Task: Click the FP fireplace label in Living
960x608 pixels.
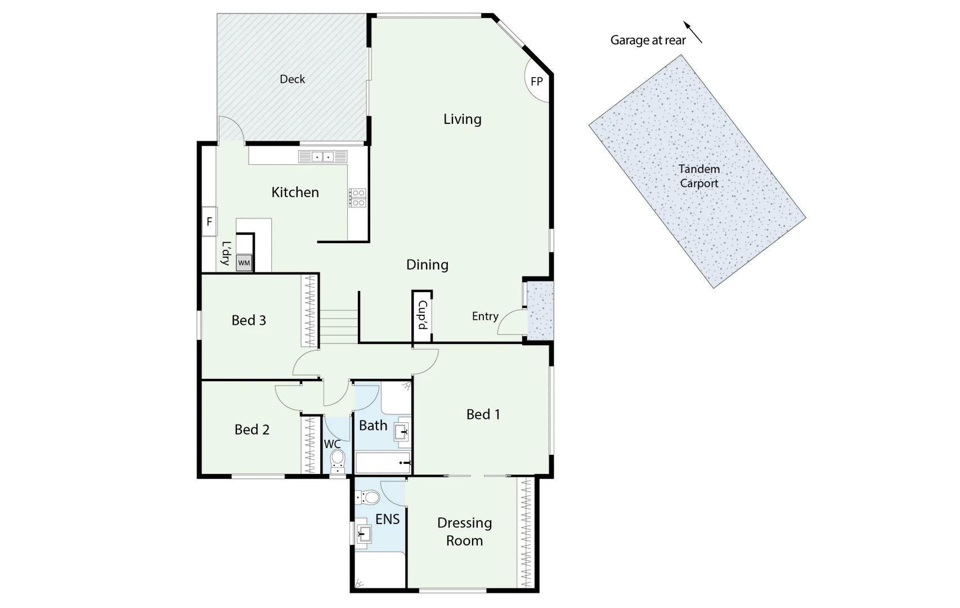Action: (537, 82)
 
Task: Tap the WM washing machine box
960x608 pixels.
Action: (244, 263)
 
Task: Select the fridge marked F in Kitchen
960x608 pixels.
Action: (209, 222)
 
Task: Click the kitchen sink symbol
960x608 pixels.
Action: (322, 157)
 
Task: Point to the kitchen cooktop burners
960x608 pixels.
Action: (358, 198)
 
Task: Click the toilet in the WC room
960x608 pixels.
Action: (337, 459)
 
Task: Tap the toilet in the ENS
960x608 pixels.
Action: (368, 497)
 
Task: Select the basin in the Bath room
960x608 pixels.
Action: (402, 432)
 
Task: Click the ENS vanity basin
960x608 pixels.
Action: (363, 534)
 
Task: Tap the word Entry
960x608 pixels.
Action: (485, 316)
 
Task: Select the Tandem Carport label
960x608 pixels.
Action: (699, 176)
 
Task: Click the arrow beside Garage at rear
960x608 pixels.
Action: (693, 32)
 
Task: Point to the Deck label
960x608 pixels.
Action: (292, 79)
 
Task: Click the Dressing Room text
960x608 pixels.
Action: (464, 531)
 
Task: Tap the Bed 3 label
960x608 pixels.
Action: (249, 320)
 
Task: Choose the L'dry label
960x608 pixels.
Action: (226, 253)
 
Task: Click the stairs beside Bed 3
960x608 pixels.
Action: (339, 327)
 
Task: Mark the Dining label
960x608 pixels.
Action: (427, 265)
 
